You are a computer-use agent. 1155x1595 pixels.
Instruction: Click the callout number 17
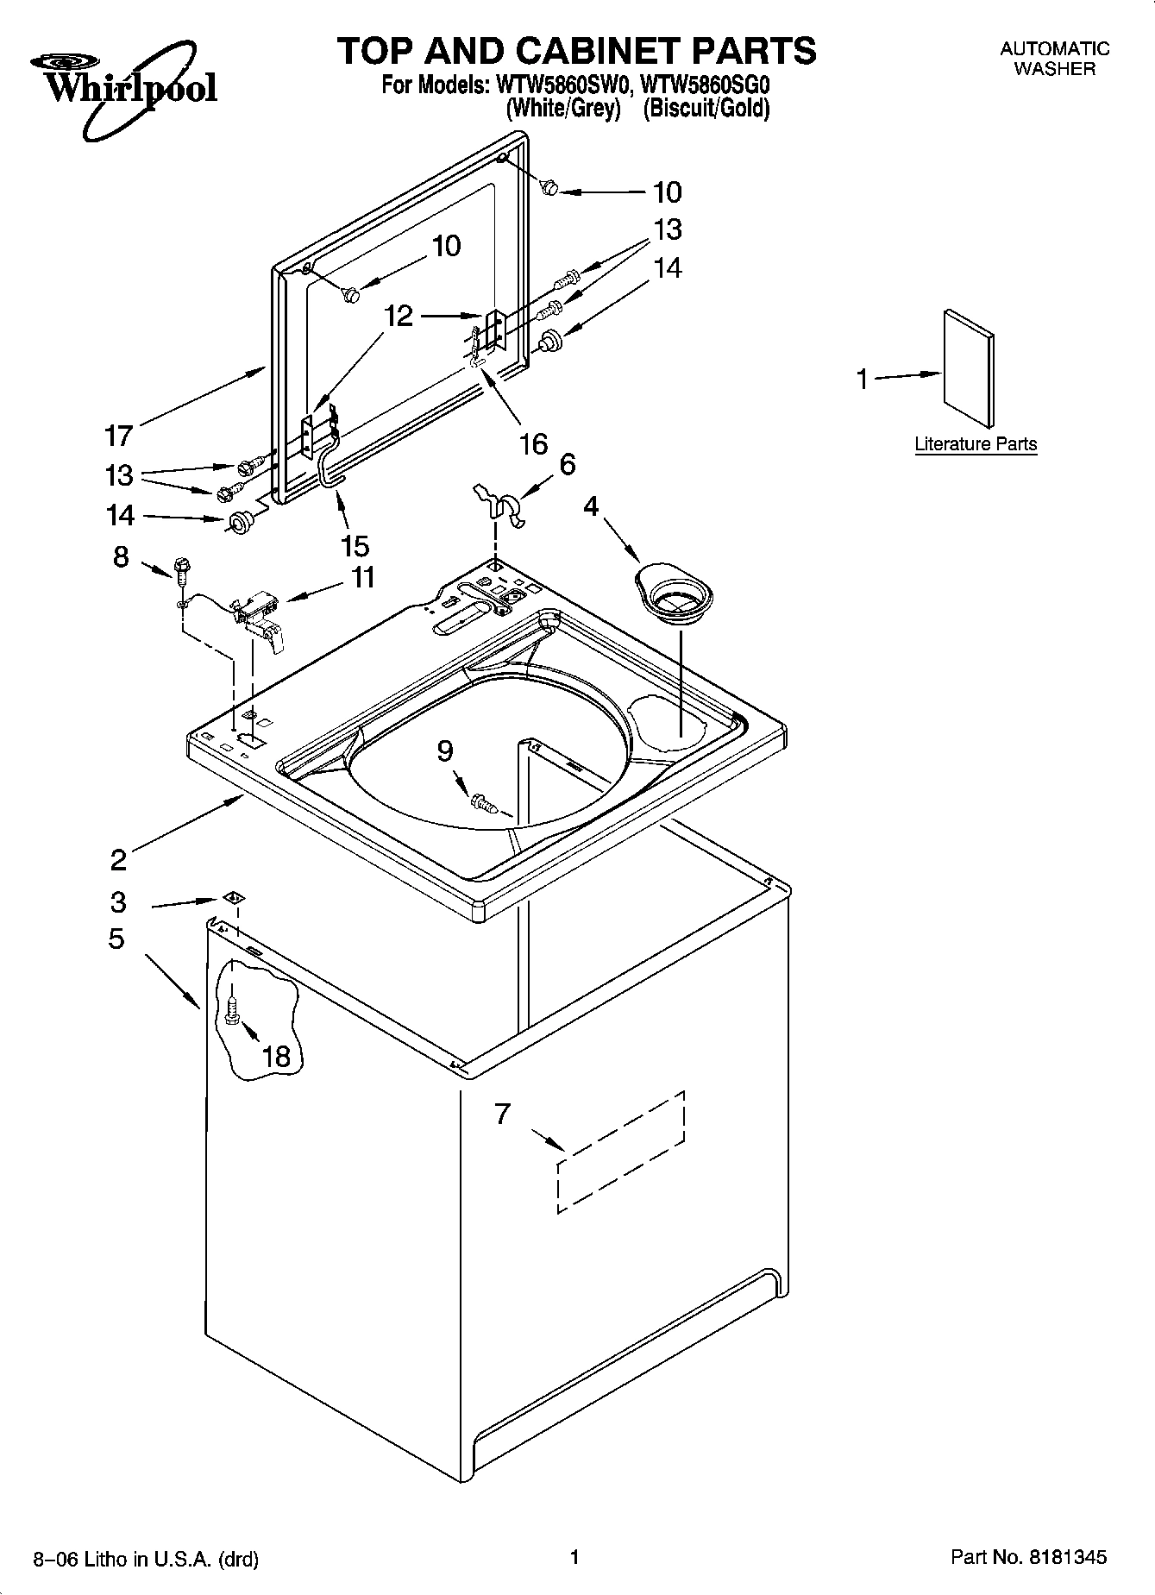coord(118,436)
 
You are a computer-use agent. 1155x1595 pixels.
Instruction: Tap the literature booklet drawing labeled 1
coord(968,368)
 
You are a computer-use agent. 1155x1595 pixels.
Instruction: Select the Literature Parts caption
coord(976,444)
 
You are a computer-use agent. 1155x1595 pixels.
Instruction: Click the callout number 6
coord(567,465)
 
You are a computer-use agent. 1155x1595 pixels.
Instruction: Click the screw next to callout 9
coord(484,804)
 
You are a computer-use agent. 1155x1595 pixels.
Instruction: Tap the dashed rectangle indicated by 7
coord(621,1152)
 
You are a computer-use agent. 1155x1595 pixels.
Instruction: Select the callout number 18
coord(277,1056)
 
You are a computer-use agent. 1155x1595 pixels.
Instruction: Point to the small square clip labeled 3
coord(231,898)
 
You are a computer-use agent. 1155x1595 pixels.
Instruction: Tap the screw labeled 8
coord(182,568)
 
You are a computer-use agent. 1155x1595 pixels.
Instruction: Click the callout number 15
coord(355,545)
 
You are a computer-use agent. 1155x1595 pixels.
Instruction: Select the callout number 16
coord(534,443)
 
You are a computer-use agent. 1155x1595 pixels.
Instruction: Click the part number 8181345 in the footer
coord(1066,1557)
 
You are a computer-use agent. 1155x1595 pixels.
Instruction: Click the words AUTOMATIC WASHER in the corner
coord(1054,59)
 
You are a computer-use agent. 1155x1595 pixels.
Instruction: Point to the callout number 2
coord(118,859)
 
